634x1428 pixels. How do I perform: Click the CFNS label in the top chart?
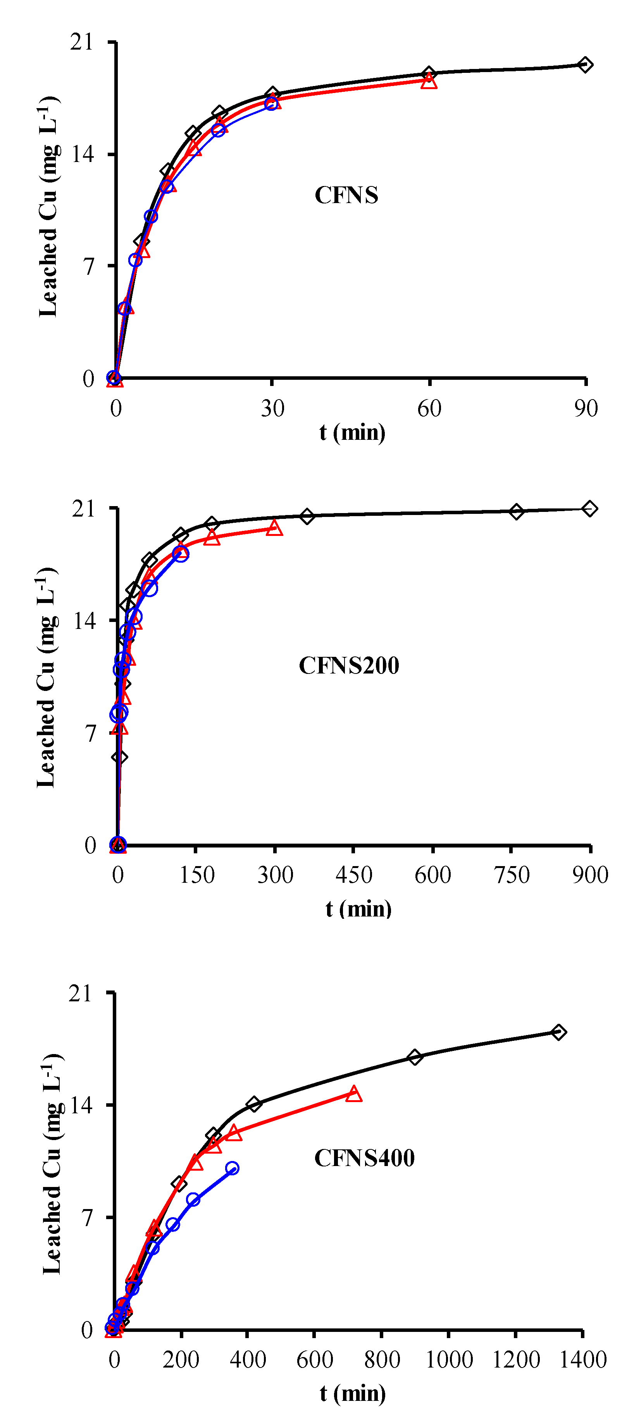(346, 195)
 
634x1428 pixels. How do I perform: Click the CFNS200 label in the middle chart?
(349, 666)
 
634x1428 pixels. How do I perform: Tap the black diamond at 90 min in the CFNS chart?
(585, 65)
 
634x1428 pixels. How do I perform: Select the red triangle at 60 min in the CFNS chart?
(429, 81)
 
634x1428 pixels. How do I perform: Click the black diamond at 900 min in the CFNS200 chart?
(590, 508)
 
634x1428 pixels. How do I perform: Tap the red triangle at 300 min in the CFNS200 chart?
(274, 528)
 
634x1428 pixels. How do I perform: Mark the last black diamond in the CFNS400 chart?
(559, 1032)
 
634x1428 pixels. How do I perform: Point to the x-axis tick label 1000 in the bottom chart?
(449, 1360)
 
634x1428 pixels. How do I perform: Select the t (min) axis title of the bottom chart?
(353, 1393)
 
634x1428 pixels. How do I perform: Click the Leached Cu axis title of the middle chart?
(47, 677)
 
